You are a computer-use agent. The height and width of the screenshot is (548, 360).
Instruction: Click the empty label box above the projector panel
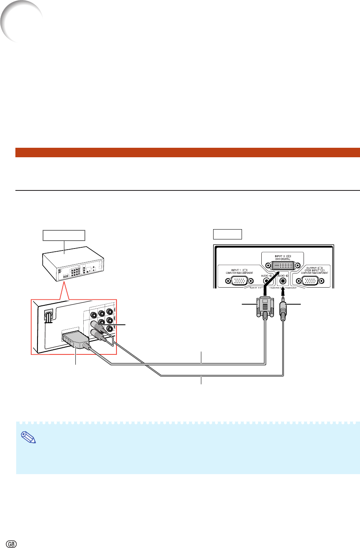point(227,234)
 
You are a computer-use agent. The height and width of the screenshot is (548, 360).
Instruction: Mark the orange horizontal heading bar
point(187,153)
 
